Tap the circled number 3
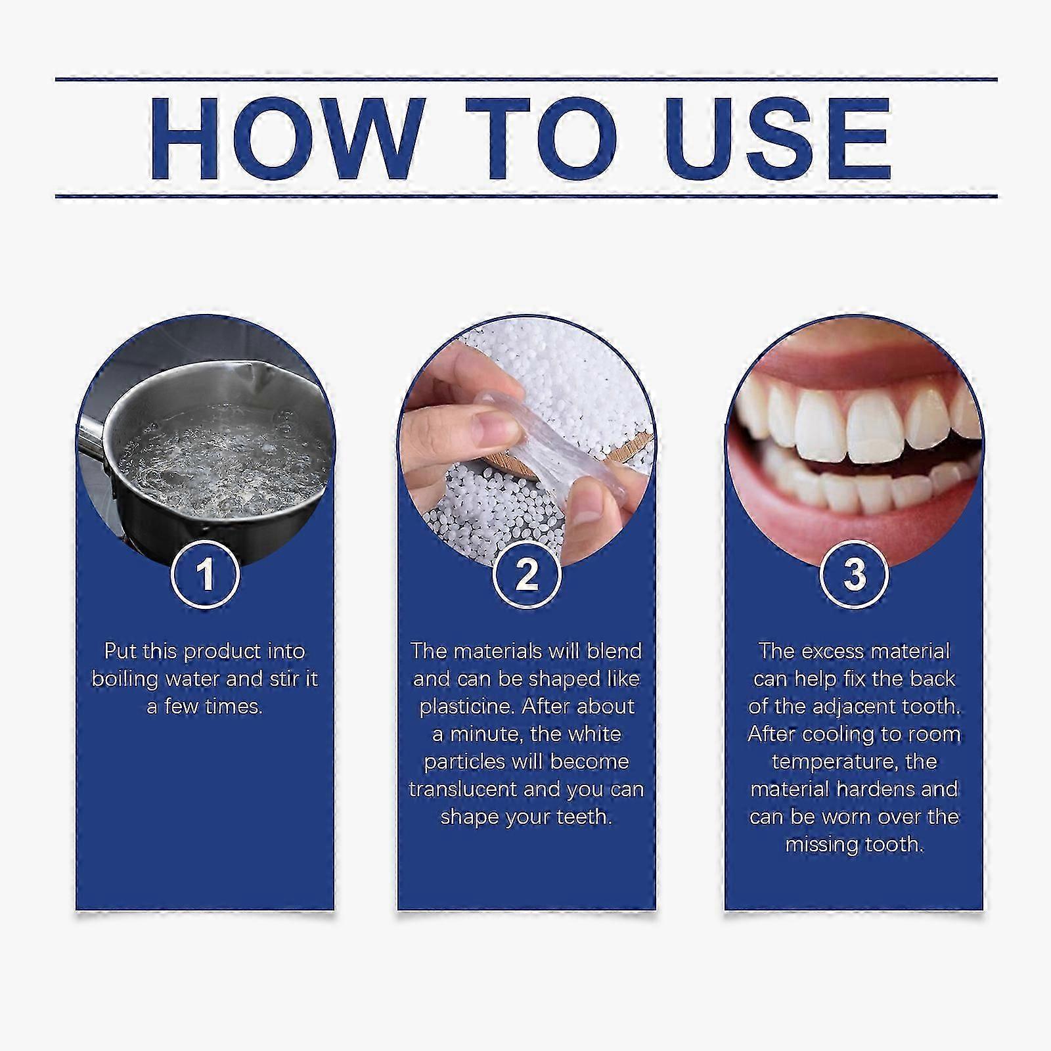[x=854, y=573]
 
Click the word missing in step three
[x=818, y=845]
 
